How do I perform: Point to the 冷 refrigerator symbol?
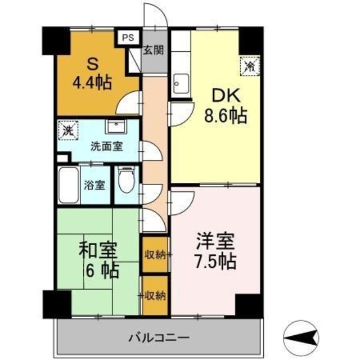click(x=249, y=65)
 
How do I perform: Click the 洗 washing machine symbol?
click(x=67, y=133)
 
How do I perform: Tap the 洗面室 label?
click(x=107, y=147)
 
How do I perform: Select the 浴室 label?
click(x=94, y=185)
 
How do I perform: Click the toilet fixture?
click(x=127, y=181)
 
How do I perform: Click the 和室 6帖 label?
click(x=98, y=260)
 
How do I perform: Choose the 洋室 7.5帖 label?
click(x=215, y=253)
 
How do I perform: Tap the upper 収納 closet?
click(x=154, y=255)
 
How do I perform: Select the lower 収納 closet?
click(x=154, y=294)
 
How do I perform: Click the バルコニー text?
click(x=159, y=338)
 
